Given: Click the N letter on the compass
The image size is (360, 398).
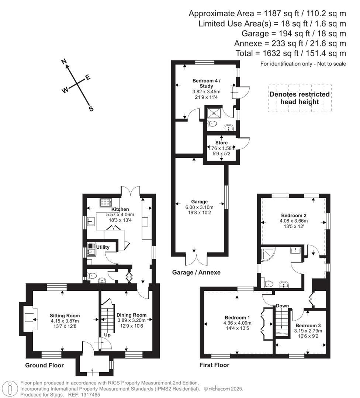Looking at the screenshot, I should (x=63, y=62).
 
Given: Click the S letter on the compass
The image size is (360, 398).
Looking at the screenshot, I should (x=91, y=109).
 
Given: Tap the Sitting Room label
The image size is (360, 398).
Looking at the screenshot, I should (x=65, y=315).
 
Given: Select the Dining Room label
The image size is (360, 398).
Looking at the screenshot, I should (x=131, y=315).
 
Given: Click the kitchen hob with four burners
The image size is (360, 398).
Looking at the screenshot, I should (x=105, y=202).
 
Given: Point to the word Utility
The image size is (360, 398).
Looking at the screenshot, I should (x=103, y=247).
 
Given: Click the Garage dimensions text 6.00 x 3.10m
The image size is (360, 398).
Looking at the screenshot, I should (x=199, y=207).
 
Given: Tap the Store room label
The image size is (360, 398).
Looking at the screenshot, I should (x=221, y=143).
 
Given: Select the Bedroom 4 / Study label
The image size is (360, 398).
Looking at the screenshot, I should (x=207, y=83).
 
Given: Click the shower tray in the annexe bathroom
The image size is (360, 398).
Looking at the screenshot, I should (x=214, y=113).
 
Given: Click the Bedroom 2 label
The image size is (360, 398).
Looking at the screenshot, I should (x=294, y=215).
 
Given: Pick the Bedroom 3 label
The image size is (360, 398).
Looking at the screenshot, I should (x=308, y=325).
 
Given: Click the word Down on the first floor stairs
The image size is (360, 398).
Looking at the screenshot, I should (x=282, y=306).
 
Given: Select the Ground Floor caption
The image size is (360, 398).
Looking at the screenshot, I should (x=44, y=366).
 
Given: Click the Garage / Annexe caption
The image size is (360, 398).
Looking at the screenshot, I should (x=196, y=272).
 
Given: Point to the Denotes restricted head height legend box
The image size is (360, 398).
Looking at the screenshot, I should (x=300, y=98).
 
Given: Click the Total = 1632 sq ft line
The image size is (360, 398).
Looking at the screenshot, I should (x=291, y=53).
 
